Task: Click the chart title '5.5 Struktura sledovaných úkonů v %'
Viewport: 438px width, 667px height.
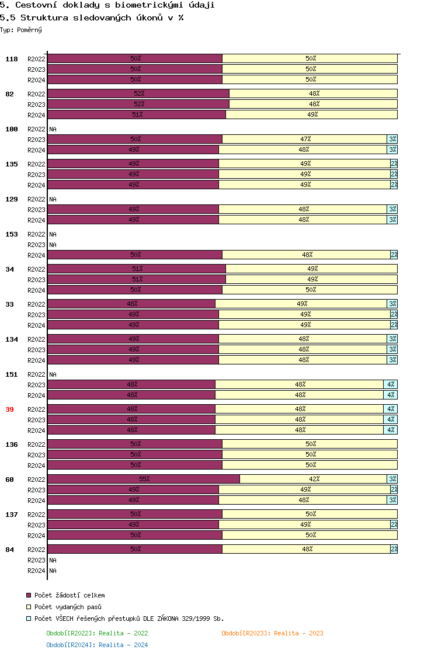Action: point(92,18)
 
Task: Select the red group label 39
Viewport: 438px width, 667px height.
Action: point(9,409)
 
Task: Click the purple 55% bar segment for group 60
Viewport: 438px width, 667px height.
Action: point(144,479)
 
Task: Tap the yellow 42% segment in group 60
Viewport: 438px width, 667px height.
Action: point(314,479)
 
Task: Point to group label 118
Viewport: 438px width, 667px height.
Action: point(11,59)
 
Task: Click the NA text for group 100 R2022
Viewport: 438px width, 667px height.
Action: point(53,129)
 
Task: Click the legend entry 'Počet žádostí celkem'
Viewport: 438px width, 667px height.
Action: point(69,595)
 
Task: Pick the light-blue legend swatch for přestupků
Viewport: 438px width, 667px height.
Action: point(28,619)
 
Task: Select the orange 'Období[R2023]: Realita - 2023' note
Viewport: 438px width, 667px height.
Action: point(272,633)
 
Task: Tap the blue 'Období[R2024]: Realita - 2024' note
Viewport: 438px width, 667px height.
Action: point(97,645)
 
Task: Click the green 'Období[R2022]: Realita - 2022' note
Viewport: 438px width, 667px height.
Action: point(97,633)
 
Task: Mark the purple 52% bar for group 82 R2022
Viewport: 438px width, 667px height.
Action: point(138,93)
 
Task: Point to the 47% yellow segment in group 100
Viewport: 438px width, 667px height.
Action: point(305,139)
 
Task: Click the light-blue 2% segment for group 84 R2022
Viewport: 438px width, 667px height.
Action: point(394,549)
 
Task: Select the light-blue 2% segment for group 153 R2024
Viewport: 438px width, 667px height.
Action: point(394,255)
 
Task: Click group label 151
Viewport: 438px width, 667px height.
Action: point(11,374)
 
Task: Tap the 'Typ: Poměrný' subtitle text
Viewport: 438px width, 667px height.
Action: point(21,30)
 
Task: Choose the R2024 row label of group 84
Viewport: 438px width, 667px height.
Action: point(36,571)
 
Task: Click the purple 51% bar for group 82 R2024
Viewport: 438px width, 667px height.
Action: point(137,114)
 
